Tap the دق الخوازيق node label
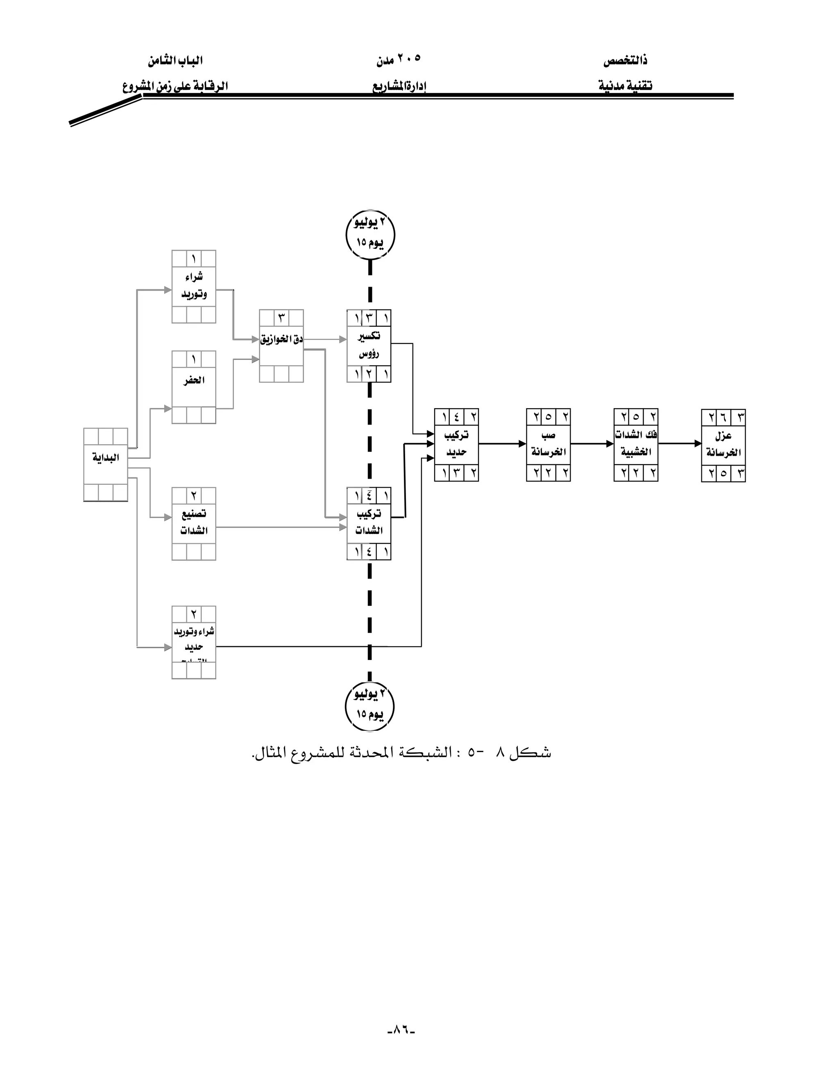click(281, 340)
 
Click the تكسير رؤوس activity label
click(369, 345)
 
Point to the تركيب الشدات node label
click(369, 522)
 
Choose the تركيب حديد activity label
click(456, 444)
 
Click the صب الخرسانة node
click(548, 444)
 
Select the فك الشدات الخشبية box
click(636, 444)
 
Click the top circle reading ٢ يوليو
click(370, 234)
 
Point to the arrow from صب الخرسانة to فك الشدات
click(592, 444)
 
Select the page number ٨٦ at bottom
click(401, 1029)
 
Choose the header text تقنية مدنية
click(625, 86)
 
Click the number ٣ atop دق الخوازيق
click(281, 317)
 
